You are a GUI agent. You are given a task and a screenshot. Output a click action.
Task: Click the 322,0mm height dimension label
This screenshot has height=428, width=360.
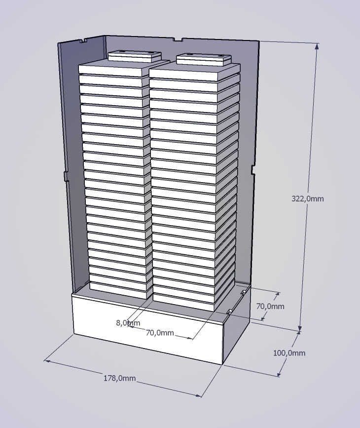[x=308, y=198]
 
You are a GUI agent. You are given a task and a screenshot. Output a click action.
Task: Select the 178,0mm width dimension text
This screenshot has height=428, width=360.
[x=119, y=378]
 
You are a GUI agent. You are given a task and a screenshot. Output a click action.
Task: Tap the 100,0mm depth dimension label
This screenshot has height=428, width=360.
[x=289, y=353]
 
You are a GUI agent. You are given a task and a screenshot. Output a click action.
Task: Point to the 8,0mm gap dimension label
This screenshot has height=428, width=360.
[x=128, y=323]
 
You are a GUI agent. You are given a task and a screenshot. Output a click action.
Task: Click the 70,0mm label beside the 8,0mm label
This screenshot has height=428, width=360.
[x=160, y=333]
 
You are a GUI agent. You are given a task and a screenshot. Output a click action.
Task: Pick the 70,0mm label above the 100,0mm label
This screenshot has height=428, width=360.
[x=270, y=306]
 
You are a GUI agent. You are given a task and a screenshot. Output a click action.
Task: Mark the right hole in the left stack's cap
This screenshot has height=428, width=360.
[x=150, y=52]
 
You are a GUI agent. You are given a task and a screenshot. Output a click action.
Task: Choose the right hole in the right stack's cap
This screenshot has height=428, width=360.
[x=217, y=56]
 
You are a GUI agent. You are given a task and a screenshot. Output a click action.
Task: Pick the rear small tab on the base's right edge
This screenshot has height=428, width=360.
[x=244, y=293]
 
